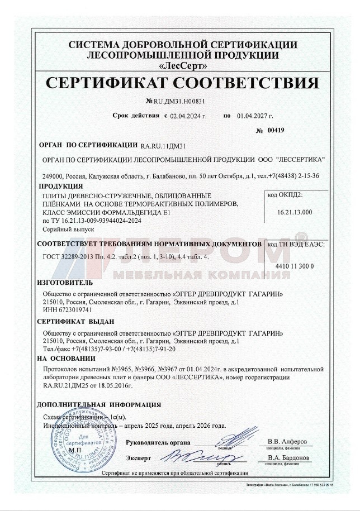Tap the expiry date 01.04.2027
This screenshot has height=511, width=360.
pyautogui.click(x=254, y=116)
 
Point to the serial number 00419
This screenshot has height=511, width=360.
pyautogui.click(x=276, y=130)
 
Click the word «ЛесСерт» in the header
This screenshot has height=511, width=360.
pyautogui.click(x=182, y=64)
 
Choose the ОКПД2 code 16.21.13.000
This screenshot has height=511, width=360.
pyautogui.click(x=295, y=212)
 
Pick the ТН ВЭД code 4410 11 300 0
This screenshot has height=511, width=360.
pyautogui.click(x=295, y=266)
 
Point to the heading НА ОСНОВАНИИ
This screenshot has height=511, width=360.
pyautogui.click(x=63, y=358)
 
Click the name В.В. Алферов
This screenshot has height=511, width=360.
pyautogui.click(x=287, y=441)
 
